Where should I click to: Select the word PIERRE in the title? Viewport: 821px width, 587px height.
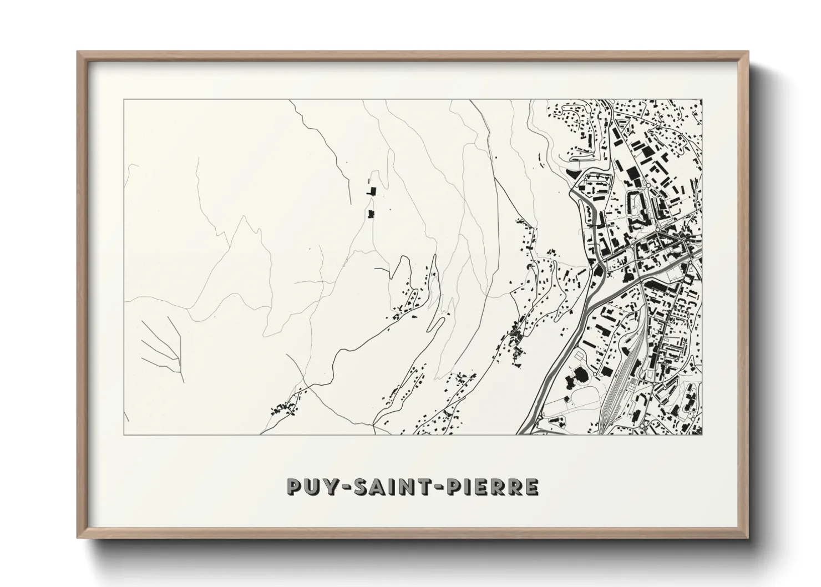click(489, 487)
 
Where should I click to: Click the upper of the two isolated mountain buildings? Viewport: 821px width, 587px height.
click(371, 191)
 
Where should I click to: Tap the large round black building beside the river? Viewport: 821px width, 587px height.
click(581, 375)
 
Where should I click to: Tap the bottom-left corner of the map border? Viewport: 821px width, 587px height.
click(124, 434)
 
